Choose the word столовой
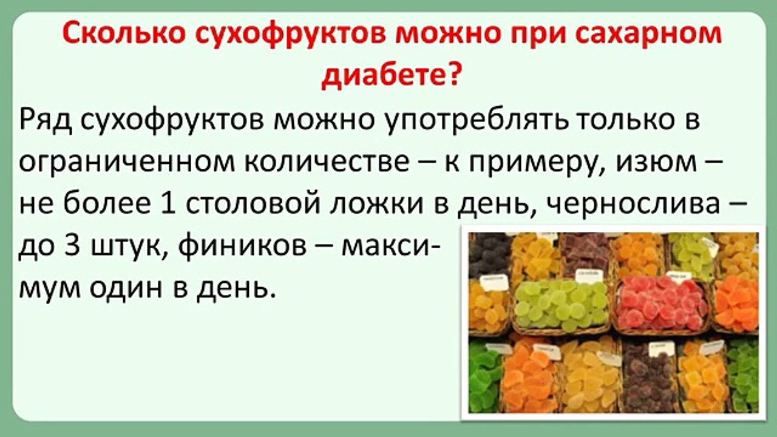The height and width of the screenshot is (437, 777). pos(254,205)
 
